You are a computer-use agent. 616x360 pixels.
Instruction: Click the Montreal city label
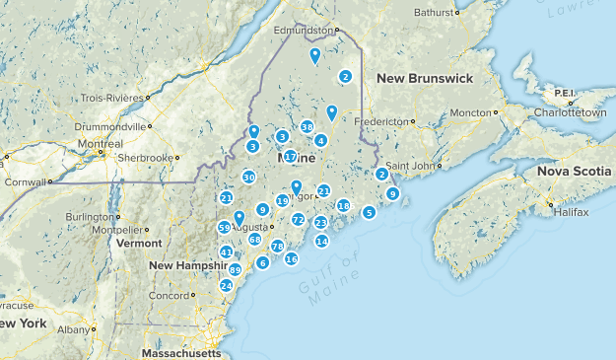pos(101,144)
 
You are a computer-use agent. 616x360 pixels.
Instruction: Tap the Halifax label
pos(571,212)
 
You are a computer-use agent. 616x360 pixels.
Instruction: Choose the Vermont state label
pos(138,243)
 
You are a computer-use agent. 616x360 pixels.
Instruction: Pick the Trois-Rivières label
pos(111,99)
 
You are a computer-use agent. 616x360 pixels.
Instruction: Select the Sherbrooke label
pos(145,157)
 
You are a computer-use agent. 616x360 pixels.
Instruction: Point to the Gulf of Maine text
pos(326,277)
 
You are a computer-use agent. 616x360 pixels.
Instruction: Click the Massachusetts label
pos(180,352)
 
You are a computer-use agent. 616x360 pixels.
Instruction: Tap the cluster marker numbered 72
pos(298,220)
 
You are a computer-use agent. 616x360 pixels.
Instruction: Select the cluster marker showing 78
pos(278,247)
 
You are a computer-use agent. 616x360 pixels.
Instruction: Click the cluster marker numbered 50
pos(248,178)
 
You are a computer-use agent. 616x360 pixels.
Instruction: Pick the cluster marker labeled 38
pos(308,127)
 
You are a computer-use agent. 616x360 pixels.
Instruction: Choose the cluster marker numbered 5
pos(369,212)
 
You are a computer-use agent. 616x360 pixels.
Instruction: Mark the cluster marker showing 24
pos(226,286)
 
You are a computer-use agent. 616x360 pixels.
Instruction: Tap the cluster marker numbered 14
pos(321,242)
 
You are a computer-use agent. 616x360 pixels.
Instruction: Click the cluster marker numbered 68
pos(254,240)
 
